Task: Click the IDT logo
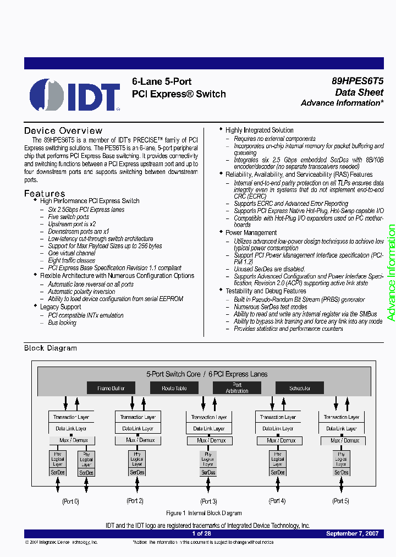[75, 95]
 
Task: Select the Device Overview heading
[63, 130]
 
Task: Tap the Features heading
[45, 193]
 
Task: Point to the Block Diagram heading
[51, 348]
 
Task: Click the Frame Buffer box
[111, 388]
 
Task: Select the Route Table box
[174, 388]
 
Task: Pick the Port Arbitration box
[237, 388]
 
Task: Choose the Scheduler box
[300, 388]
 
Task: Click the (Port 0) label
[70, 501]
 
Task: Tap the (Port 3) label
[208, 501]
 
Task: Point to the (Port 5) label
[341, 501]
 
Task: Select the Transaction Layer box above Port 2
[138, 417]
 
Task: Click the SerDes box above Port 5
[342, 472]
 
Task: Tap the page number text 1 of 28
[201, 533]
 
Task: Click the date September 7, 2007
[351, 533]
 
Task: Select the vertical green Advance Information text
[391, 273]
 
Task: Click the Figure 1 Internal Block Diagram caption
[204, 513]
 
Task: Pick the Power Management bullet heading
[251, 233]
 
